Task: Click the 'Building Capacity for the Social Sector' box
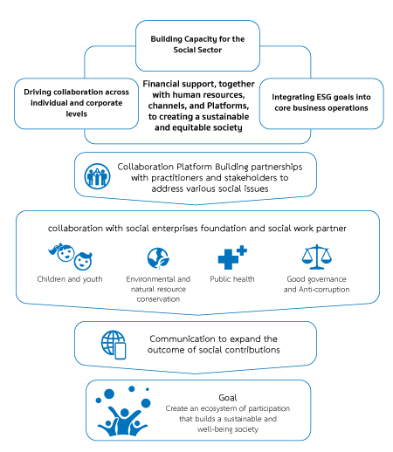point(197,45)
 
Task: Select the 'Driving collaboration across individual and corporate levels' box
point(76,103)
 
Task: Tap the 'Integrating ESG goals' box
point(321,103)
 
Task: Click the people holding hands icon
point(97,176)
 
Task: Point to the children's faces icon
point(71,257)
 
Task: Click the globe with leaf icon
point(158,258)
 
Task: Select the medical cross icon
point(232,257)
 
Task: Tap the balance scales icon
point(317,257)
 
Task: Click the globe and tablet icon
point(114,345)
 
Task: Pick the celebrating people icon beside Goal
point(123,411)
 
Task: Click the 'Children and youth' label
point(70,279)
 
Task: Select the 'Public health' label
point(232,279)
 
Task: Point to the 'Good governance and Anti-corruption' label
point(317,284)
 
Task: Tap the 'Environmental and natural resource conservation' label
point(158,289)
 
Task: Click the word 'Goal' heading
point(228,398)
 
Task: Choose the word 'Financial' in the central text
point(160,84)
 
